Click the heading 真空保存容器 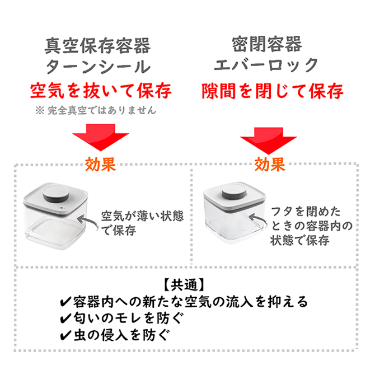coord(97,46)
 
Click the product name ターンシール coord(98,67)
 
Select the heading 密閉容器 coord(267,44)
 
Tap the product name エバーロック coord(266,65)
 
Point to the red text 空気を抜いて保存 coord(101,91)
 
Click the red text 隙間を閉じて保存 coord(273,91)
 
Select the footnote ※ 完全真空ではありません coord(96,110)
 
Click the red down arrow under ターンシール coord(101,137)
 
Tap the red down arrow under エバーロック coord(269,140)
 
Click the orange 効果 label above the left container coord(100,165)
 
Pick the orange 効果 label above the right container coord(270,165)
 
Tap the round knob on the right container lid coord(235,191)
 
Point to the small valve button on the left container coord(62,208)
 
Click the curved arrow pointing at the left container coord(88,221)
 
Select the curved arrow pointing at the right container coord(257,219)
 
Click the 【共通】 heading coord(184,285)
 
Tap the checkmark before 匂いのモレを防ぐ coord(65,318)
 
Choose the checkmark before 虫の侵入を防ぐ coord(65,335)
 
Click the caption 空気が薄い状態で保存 coord(142,223)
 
